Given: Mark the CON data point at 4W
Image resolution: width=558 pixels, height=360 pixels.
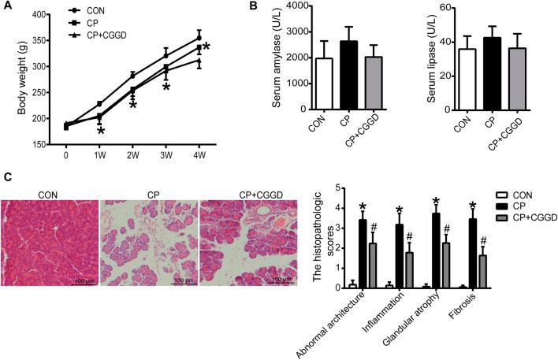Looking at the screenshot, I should tap(199, 37).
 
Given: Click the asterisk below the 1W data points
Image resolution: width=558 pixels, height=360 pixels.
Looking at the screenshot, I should tap(101, 131).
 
